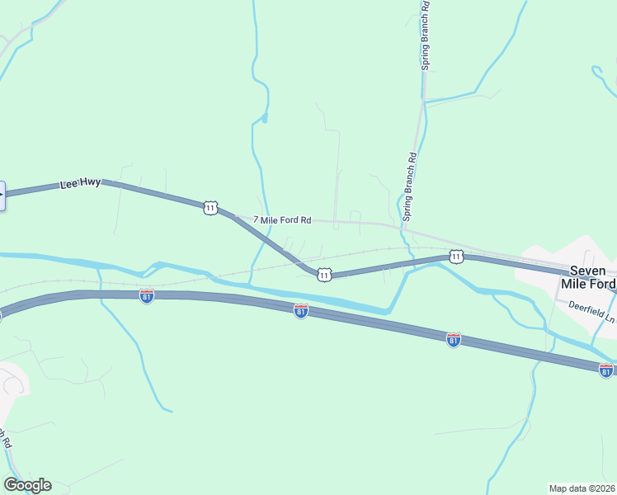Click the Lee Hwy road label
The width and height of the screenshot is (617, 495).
(80, 184)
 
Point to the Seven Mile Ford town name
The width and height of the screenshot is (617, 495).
(588, 277)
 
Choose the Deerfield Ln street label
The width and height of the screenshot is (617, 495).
(591, 309)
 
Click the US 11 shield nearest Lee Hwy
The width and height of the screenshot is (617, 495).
(211, 208)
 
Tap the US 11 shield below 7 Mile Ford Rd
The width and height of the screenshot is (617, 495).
(324, 274)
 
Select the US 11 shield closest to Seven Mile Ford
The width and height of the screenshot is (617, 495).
(456, 257)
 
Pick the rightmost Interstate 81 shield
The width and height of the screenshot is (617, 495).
(606, 370)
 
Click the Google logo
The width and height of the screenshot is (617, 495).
(27, 485)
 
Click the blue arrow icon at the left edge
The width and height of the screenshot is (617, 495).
(2, 196)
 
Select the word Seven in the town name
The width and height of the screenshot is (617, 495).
(588, 271)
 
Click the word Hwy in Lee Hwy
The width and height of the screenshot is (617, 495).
(91, 182)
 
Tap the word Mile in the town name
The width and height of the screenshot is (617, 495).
(573, 284)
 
